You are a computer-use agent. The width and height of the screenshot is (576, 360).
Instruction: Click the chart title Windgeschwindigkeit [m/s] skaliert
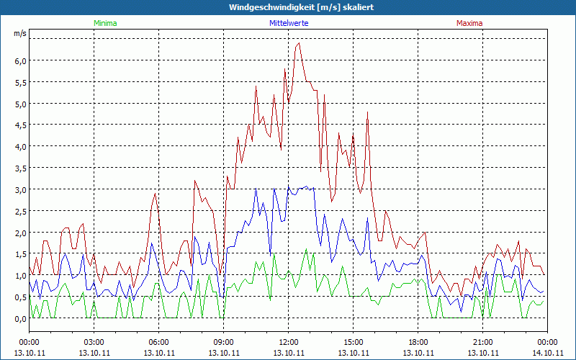point(287,7)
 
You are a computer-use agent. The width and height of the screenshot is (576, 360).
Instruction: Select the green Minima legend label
point(104,23)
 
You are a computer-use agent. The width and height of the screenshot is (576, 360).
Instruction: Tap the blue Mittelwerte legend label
point(288,23)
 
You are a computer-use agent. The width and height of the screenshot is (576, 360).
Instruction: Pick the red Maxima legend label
point(469,23)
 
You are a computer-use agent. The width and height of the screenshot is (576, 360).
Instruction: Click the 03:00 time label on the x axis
point(94,342)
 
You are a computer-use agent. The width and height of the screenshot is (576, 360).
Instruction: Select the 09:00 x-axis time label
point(224,342)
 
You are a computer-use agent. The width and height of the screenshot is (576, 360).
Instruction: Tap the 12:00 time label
point(289,342)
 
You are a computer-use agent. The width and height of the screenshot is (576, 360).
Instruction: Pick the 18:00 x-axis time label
point(418,342)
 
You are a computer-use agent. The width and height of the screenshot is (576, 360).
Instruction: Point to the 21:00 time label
point(483,342)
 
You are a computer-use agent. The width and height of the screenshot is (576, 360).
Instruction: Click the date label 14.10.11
point(547,353)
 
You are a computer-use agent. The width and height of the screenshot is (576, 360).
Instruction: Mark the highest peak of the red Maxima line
point(299,43)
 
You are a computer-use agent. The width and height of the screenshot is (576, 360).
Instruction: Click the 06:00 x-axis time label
point(159,342)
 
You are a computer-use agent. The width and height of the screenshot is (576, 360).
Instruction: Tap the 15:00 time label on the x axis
point(354,342)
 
